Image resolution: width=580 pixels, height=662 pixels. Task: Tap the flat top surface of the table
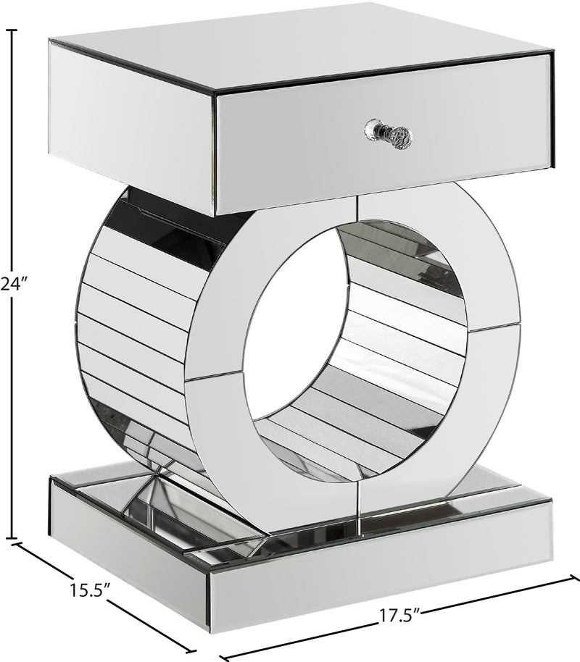click(x=290, y=43)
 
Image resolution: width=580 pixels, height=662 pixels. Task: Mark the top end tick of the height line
click(x=11, y=30)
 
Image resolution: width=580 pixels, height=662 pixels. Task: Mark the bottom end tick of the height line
click(x=11, y=538)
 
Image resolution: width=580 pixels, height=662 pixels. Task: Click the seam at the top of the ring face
click(x=356, y=206)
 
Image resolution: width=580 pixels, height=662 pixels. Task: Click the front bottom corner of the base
click(x=210, y=623)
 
